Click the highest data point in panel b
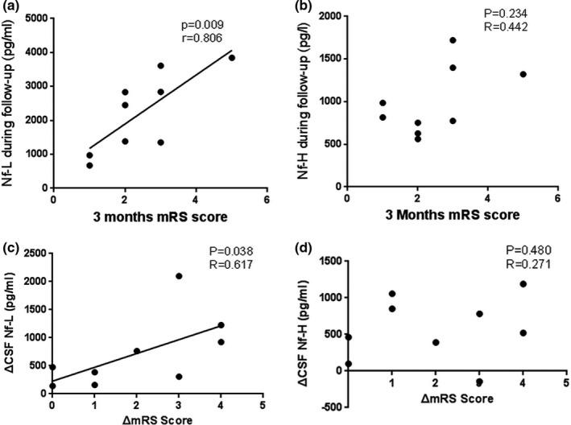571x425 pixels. [x=453, y=40]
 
